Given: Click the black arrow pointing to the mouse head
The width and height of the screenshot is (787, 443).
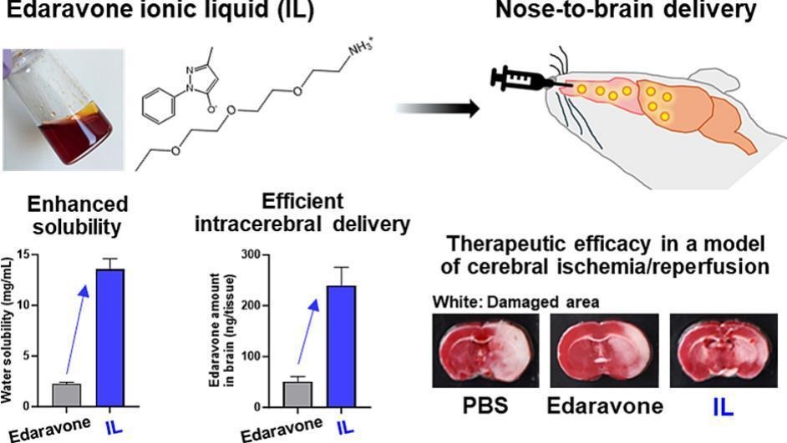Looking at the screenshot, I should pyautogui.click(x=434, y=108).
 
